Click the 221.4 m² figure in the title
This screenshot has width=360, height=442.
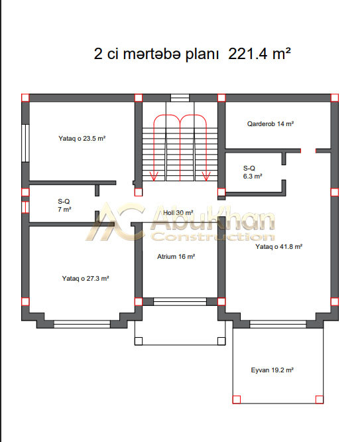pos(259,53)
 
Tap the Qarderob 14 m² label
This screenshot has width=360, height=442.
pos(270,123)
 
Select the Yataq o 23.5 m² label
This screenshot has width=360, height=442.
pos(82,139)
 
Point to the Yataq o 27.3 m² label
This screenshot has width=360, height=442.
pos(86,279)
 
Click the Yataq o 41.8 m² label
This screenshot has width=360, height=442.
pos(279,247)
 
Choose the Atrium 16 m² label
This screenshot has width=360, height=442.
pos(176,257)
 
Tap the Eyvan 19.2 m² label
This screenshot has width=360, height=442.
pos(272,370)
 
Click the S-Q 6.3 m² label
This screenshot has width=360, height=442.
pos(253,173)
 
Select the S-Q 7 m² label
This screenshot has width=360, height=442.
pos(64,206)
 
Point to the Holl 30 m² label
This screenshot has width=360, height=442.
pos(178,212)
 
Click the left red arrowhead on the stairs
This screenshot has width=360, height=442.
pos(154,176)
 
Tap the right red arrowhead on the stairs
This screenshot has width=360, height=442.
pos(206,176)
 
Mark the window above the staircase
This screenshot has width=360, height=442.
pos(180,98)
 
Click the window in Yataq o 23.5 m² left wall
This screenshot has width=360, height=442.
pos(26,143)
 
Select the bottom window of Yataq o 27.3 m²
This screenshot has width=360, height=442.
pos(82,324)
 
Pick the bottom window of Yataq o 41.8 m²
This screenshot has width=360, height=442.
pos(278,324)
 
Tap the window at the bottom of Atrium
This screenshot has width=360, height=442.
pos(180,301)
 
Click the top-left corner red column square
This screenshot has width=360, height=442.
pos(25,98)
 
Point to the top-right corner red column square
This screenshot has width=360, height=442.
pos(334,98)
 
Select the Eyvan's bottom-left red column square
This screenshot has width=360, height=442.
pos(236,400)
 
